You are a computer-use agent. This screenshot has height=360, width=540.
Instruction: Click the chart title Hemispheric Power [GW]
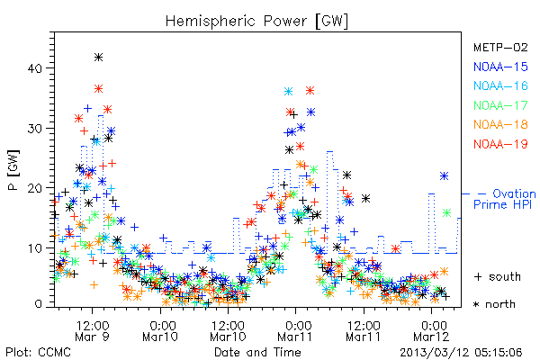pos(256,22)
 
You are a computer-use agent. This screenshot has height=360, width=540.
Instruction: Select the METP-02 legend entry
pos(500,47)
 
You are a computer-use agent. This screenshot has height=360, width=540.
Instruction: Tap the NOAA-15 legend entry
pos(500,67)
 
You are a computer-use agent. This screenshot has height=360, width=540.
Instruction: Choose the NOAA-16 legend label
pos(500,85)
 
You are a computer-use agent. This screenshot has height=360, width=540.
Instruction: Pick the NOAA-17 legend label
pos(500,105)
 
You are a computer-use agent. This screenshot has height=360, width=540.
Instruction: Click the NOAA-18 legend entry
pos(500,124)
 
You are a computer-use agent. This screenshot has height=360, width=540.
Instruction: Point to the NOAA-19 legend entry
pos(500,144)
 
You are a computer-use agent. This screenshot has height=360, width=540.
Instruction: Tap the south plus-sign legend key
pos(478,276)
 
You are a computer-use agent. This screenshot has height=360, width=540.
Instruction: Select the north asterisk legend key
pos(477,304)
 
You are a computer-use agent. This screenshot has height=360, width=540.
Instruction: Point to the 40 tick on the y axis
pos(34,68)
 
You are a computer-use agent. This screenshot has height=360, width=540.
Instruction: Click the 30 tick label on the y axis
pos(34,129)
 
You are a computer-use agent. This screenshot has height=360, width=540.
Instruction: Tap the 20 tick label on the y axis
pos(34,188)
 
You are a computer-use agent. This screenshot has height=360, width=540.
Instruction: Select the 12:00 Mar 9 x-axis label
pos(93,331)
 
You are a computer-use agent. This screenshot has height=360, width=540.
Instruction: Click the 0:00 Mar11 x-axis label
pos(295,331)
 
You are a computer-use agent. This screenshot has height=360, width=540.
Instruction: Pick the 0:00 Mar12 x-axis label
pos(431,331)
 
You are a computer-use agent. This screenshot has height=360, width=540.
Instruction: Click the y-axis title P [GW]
pos(14,170)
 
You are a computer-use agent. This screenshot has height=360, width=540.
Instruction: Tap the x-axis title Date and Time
pos(257,353)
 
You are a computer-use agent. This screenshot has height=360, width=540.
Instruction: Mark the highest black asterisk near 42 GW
pos(98,58)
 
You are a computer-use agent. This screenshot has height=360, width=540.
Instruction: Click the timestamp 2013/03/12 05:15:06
pos(461,353)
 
